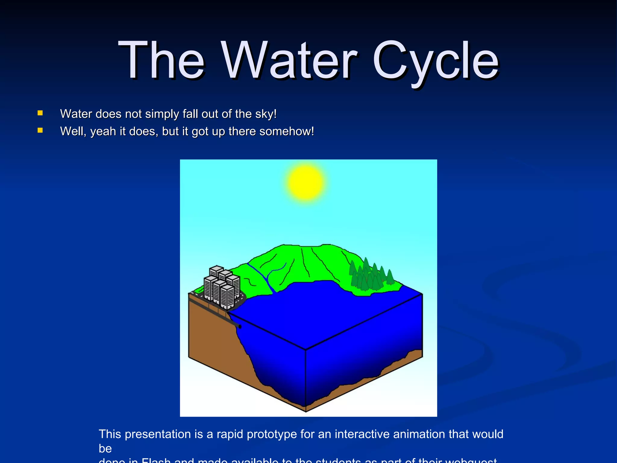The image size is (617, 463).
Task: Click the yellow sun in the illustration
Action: [x=305, y=182]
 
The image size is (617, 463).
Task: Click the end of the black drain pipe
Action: [x=240, y=326]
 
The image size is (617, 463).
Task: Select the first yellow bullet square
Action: [x=40, y=113]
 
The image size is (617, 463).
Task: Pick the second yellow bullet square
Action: [x=40, y=131]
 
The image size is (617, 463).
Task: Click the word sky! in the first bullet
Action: [x=266, y=114]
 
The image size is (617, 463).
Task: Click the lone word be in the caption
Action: [x=105, y=449]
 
